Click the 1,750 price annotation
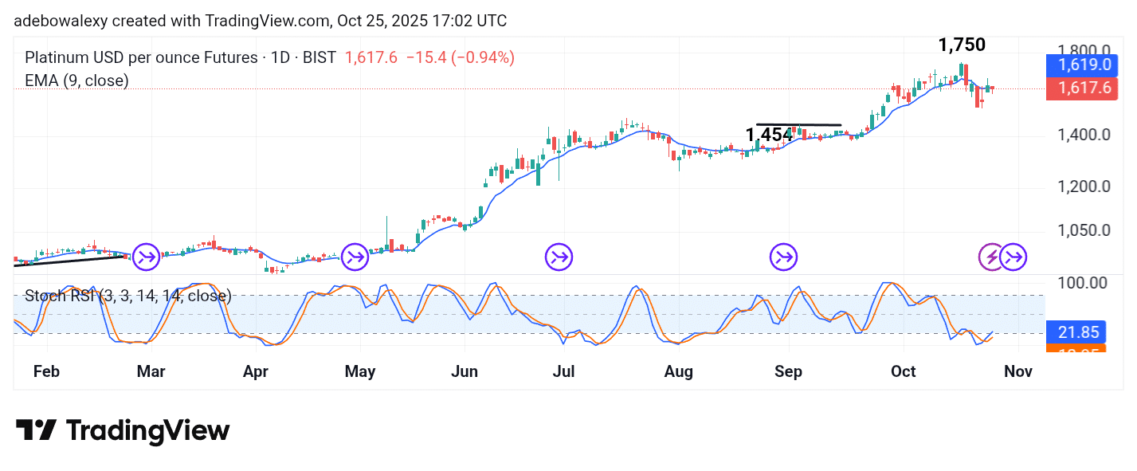coord(962,45)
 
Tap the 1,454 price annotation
coord(769,135)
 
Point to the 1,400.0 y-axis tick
coord(1084,135)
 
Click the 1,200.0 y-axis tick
coord(1084,187)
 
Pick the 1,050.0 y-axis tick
coord(1084,231)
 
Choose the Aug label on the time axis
coord(678,371)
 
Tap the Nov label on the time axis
coord(1018,371)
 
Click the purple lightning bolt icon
coord(992,257)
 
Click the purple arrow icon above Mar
coord(146,257)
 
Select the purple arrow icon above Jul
coord(559,257)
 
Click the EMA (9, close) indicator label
coord(76,80)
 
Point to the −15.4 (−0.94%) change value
coord(460,57)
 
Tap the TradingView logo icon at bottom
coord(37,431)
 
